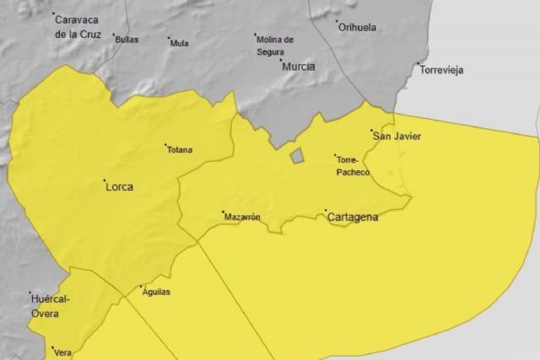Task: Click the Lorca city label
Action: pos(120,187)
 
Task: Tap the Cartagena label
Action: pos(353,217)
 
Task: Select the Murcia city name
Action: pos(299,66)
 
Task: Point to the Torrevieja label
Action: pos(442,70)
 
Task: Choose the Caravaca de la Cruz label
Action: pos(81,25)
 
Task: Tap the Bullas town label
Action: pos(127,40)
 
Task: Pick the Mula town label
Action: pos(179,43)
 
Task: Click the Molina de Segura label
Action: pos(276,45)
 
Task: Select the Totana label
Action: pos(180,150)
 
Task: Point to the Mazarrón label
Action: pos(242,217)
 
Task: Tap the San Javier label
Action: pos(397,136)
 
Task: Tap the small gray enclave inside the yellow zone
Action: pos(297,156)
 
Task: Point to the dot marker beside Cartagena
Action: pos(326,211)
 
